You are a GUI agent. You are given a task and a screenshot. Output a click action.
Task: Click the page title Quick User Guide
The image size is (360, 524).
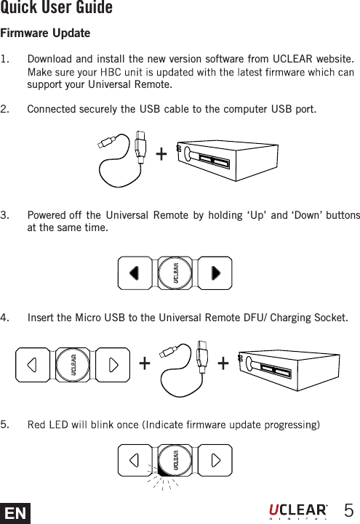pos(56,9)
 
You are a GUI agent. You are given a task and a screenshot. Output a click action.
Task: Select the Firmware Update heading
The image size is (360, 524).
pos(45,34)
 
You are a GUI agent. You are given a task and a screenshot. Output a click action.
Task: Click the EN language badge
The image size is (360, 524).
pos(15,512)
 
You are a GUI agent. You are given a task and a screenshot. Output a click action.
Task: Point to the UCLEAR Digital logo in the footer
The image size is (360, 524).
pos(298,510)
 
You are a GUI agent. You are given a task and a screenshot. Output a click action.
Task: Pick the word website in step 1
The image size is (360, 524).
pos(332,59)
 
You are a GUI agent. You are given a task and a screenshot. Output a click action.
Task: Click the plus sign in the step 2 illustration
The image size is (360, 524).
pos(160,154)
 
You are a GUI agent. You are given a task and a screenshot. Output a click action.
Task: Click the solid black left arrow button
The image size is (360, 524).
pos(134,273)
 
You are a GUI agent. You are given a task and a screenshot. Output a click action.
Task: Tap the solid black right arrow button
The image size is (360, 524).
pos(215,273)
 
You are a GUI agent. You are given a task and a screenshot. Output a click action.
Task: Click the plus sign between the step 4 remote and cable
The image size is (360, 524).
pos(144,362)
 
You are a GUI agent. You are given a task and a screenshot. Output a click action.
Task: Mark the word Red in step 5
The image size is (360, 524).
pos(36,424)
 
